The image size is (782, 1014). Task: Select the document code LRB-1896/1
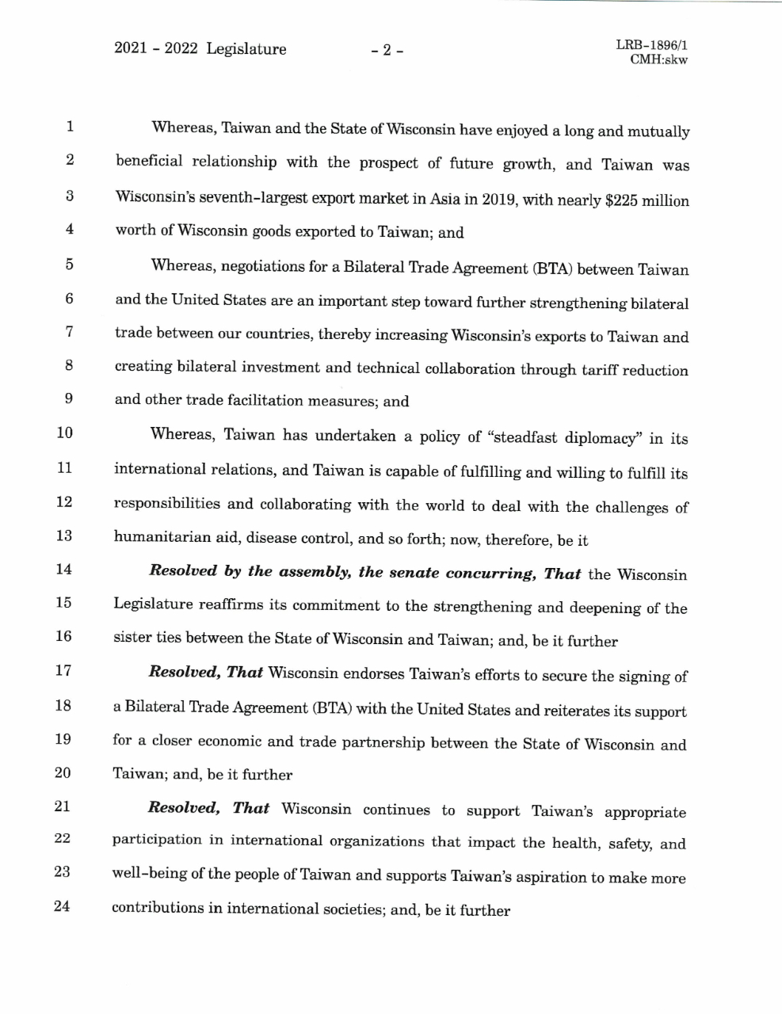pyautogui.click(x=650, y=46)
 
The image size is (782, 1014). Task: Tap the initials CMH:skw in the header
pyautogui.click(x=658, y=60)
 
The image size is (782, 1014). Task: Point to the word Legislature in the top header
pyautogui.click(x=246, y=49)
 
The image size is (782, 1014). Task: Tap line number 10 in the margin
pyautogui.click(x=64, y=433)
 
